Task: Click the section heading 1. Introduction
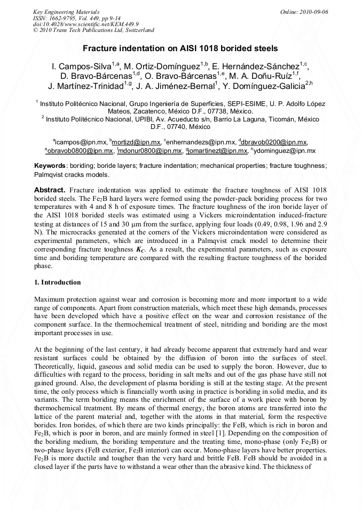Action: pos(58,282)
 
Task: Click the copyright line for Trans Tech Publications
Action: pos(93,30)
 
